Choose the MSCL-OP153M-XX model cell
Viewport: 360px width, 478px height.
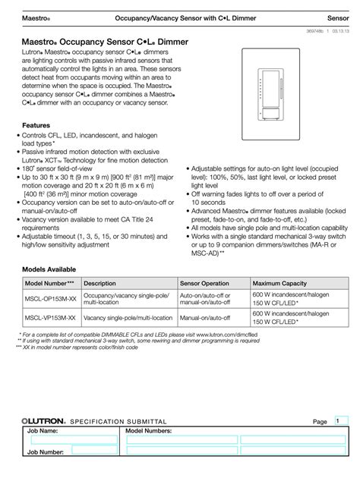pos(50,297)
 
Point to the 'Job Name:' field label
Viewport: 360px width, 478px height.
pos(43,430)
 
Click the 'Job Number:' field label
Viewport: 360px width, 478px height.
pos(45,451)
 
